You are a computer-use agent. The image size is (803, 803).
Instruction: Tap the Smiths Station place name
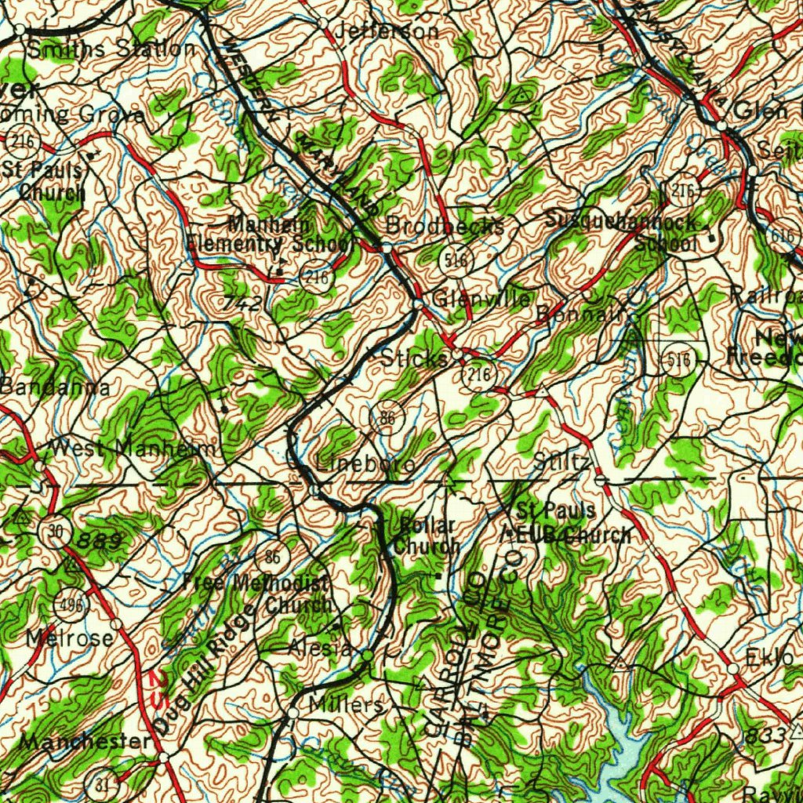click(x=111, y=49)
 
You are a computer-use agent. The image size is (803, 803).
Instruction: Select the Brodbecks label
click(x=445, y=226)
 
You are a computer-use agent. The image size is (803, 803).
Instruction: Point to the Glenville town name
click(x=481, y=299)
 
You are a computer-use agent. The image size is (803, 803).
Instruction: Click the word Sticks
click(x=415, y=358)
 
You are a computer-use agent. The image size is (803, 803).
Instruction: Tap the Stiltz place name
click(x=561, y=463)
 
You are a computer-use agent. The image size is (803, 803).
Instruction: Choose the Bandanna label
click(x=55, y=387)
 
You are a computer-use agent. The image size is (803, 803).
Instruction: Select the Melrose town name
click(x=69, y=638)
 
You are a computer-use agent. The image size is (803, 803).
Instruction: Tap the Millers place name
click(x=346, y=704)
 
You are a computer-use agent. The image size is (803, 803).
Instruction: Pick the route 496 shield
click(x=68, y=605)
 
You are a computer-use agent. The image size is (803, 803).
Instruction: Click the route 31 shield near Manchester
click(x=102, y=784)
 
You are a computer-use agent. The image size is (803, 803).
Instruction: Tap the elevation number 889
click(x=100, y=540)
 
